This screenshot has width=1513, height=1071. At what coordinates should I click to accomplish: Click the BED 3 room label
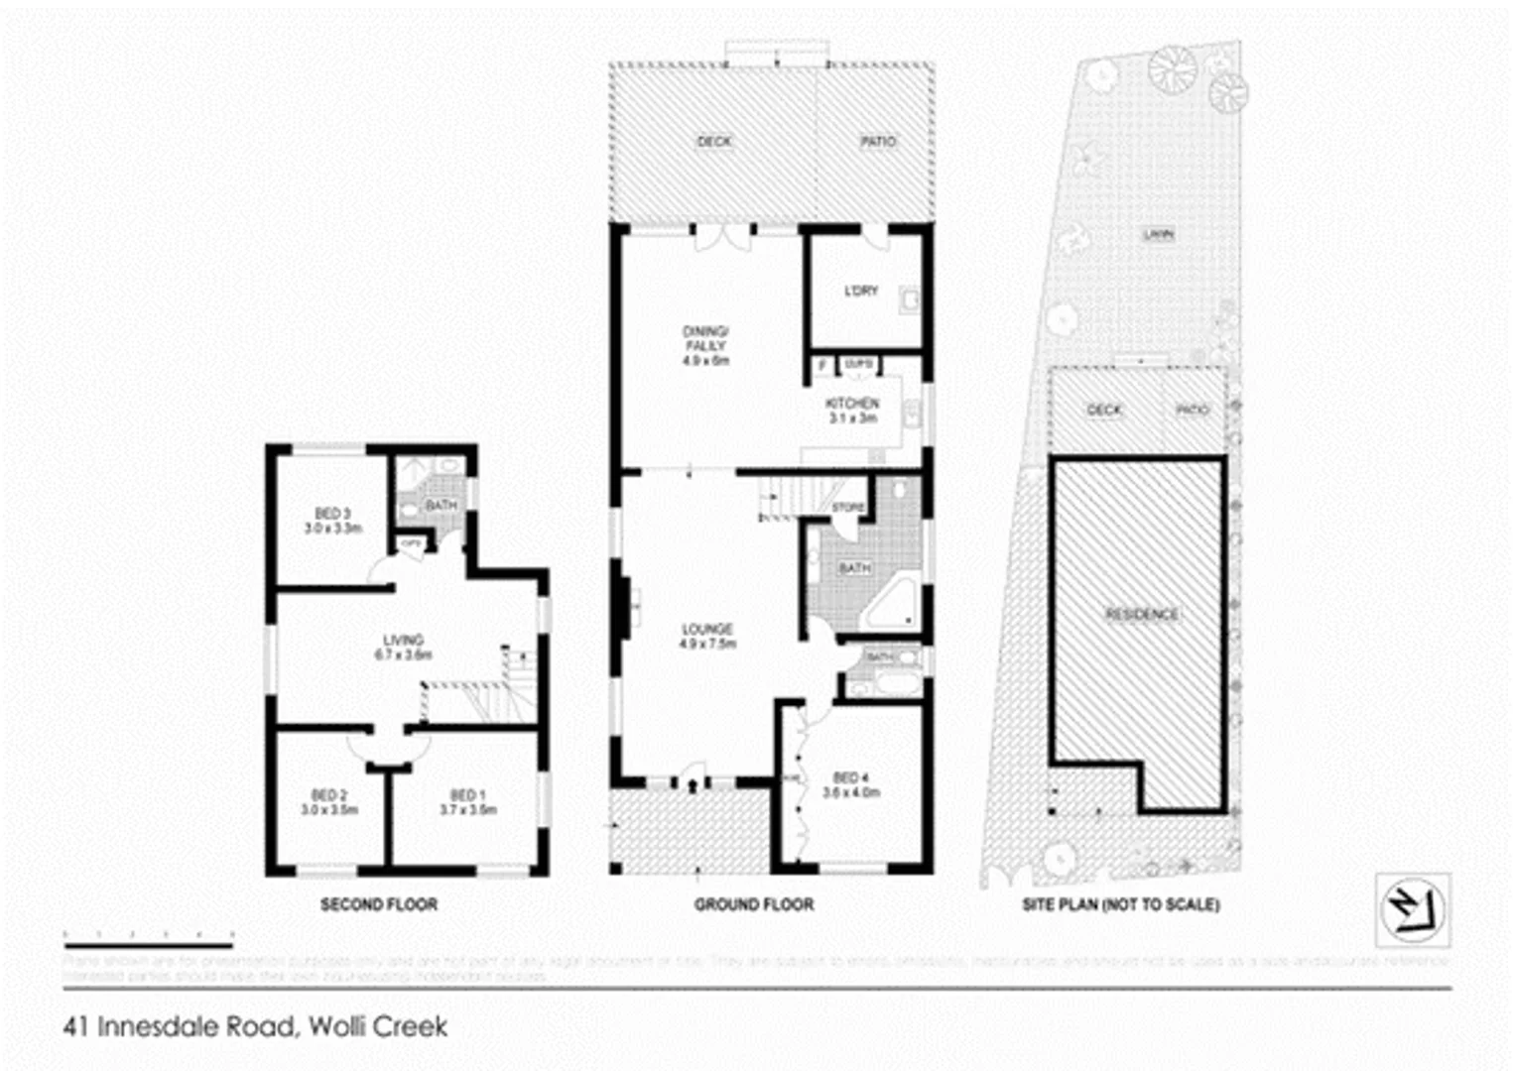point(332,521)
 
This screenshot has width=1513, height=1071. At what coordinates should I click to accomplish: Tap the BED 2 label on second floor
point(329,802)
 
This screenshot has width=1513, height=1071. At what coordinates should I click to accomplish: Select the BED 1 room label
point(468,802)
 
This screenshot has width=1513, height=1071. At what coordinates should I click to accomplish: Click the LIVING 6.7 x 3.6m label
point(403,648)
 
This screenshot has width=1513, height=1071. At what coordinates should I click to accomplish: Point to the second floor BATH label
point(441,505)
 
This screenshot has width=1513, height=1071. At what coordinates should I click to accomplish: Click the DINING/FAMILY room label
point(705,346)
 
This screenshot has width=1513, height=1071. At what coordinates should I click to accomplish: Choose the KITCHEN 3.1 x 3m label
point(852,411)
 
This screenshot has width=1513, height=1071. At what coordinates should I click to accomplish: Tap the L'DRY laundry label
point(860,291)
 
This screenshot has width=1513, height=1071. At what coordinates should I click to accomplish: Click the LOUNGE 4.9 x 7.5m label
point(707,637)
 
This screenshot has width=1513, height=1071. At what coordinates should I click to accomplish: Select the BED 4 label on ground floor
point(850,784)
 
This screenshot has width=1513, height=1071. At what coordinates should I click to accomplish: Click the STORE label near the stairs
point(847,508)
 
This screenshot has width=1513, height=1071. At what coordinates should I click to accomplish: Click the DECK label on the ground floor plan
point(714,142)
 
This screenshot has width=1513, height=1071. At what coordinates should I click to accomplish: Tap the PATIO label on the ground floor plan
point(878,142)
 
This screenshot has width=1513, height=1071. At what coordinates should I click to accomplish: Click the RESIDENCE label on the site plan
point(1142,614)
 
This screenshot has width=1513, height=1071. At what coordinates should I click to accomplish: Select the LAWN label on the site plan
point(1158,235)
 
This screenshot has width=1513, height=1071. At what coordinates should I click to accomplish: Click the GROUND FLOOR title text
point(754,904)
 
